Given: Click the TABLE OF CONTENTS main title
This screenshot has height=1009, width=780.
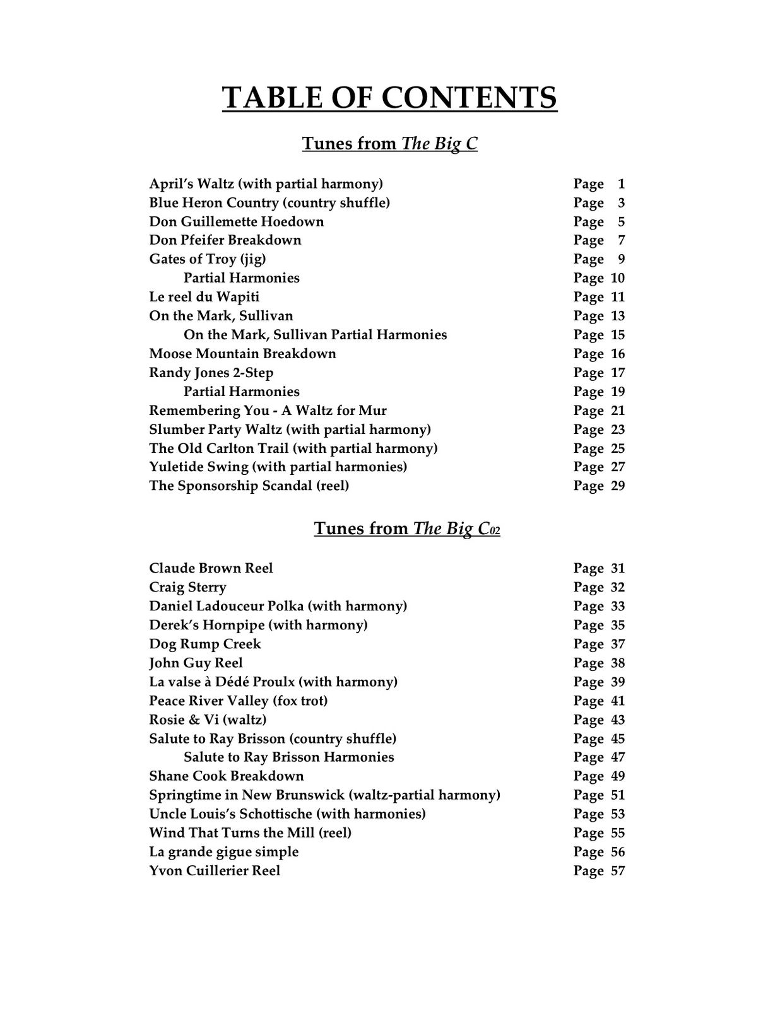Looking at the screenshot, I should (x=389, y=98).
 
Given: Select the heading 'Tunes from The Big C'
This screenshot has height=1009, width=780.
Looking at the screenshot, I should (x=389, y=144).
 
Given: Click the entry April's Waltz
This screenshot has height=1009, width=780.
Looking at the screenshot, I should (x=266, y=184).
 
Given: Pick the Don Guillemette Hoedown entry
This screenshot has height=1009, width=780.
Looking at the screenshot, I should (x=236, y=221).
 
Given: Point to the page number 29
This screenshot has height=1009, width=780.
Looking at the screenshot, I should (x=617, y=486).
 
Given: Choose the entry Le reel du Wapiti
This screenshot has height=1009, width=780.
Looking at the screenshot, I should (x=204, y=296).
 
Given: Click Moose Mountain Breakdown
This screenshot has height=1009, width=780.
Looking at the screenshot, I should (x=242, y=353).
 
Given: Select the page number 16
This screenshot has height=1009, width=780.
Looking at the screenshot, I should (x=617, y=354).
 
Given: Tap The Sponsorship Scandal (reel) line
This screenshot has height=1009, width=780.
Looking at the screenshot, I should (x=249, y=486).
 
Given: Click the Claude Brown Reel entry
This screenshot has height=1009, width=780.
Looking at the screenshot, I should (x=211, y=568).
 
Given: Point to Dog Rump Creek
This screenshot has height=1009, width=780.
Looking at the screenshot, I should (x=204, y=644).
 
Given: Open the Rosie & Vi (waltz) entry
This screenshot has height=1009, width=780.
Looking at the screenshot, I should (x=208, y=720).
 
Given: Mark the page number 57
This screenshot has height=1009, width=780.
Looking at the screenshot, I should (x=617, y=871).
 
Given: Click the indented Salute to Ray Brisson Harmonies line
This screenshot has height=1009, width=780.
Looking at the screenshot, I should (x=288, y=757).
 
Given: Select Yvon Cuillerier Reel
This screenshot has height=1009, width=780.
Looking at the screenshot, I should (x=215, y=870).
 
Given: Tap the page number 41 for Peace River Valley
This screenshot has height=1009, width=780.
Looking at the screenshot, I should (x=617, y=701).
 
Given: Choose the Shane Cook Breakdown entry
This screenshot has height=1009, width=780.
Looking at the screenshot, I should (x=226, y=776).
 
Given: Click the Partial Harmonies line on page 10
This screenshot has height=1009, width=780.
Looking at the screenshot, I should (x=241, y=277).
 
